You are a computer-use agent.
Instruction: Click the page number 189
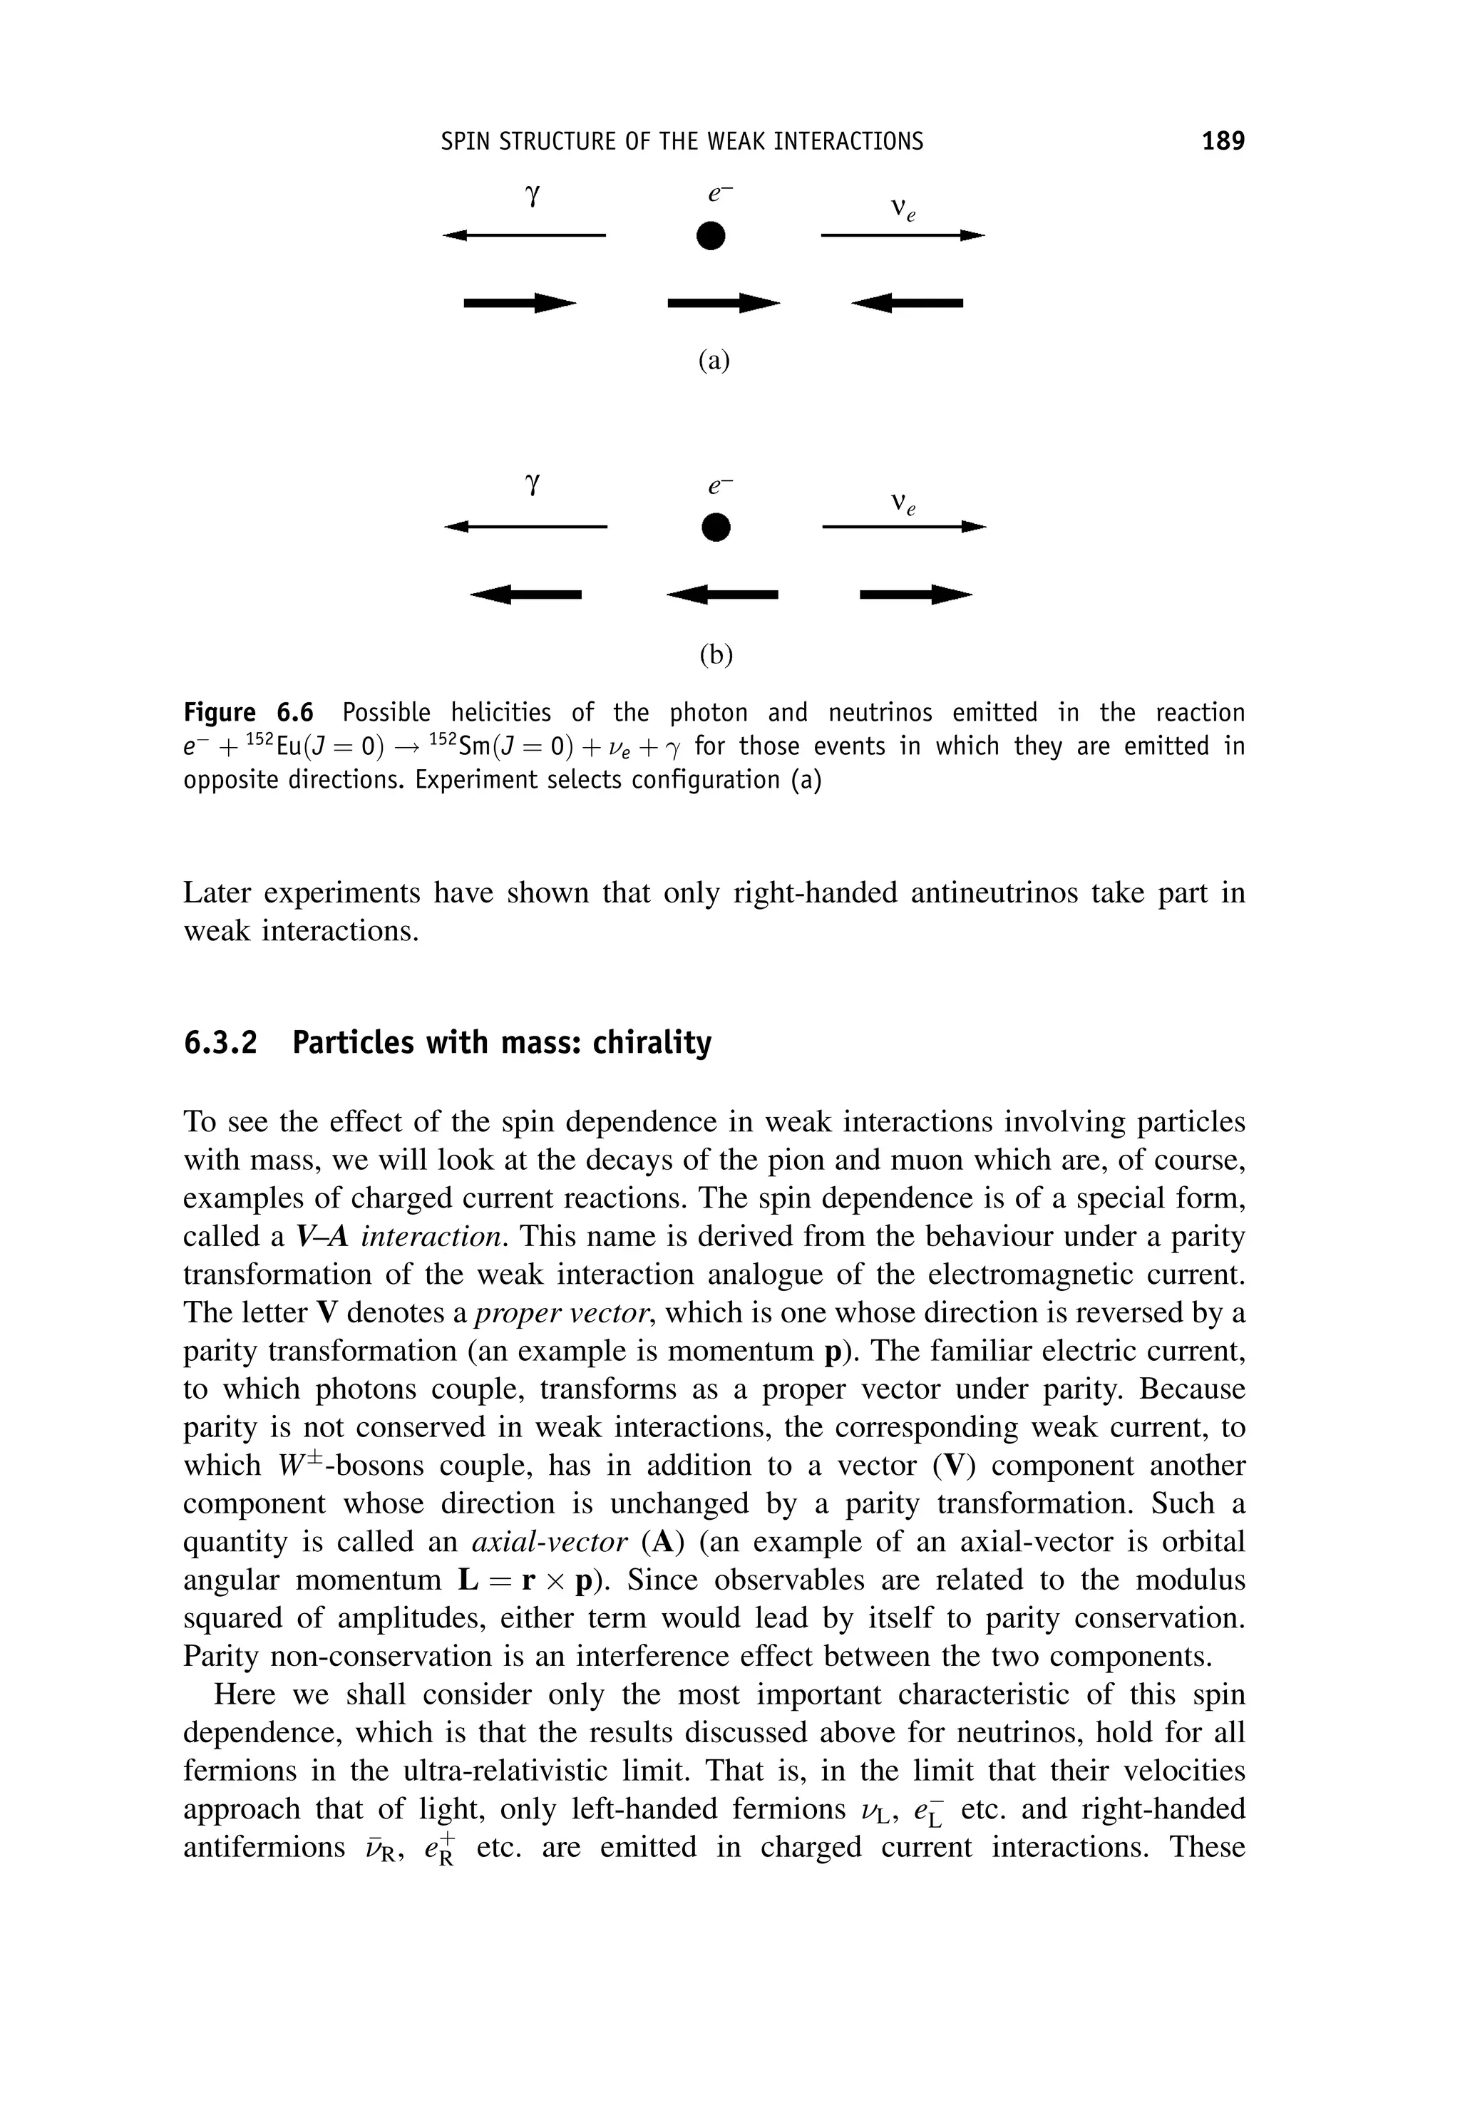pos(1223,141)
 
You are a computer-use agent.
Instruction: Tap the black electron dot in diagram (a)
pos(710,236)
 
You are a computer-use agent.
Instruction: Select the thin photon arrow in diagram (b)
pos(526,527)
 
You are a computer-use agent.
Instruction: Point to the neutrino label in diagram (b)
pos(903,504)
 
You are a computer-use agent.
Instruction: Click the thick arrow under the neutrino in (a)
pos(907,303)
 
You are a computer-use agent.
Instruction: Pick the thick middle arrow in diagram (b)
pos(723,595)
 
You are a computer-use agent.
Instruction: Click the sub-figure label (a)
pos(714,361)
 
